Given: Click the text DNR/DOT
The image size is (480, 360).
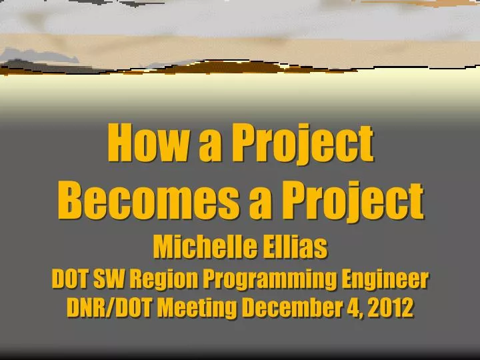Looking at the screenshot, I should click(109, 308).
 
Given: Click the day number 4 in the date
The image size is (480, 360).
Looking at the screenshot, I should click(351, 308).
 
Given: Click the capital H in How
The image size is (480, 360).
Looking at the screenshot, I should click(120, 143).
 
